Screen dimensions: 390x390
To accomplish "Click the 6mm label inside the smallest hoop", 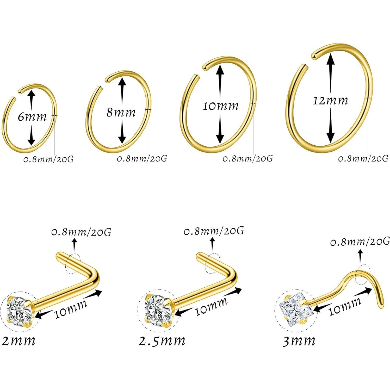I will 32,117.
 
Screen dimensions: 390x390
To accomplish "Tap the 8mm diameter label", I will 121,113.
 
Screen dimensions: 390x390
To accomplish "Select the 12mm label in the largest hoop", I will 330,100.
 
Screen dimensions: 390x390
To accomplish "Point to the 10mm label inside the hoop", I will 220,106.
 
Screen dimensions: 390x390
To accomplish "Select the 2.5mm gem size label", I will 162,341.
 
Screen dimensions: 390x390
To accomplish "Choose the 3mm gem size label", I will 299,341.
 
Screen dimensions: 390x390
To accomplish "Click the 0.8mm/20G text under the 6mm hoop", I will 48,159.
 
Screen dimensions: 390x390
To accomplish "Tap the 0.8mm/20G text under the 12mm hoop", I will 363,158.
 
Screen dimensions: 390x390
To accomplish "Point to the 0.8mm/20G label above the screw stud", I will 360,242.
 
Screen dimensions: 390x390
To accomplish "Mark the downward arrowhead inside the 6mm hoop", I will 32,141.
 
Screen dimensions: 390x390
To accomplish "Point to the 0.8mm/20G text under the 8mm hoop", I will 142,158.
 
